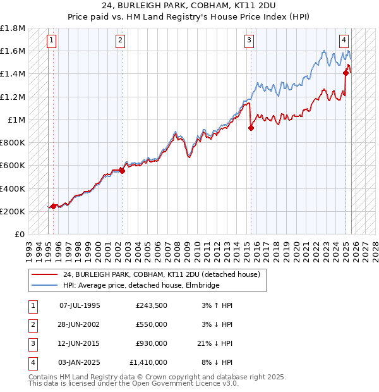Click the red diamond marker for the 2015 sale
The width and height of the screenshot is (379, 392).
[x=251, y=128]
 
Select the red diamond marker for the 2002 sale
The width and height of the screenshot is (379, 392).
[x=122, y=171]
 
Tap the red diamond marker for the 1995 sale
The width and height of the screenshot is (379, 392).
[x=53, y=206]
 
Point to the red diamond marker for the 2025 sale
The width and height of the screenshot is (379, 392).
[x=346, y=73]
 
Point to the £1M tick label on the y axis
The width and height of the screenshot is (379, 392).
[x=16, y=120]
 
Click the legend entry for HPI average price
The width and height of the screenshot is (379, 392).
[x=141, y=286]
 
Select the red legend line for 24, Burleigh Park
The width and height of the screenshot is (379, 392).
[x=44, y=275]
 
